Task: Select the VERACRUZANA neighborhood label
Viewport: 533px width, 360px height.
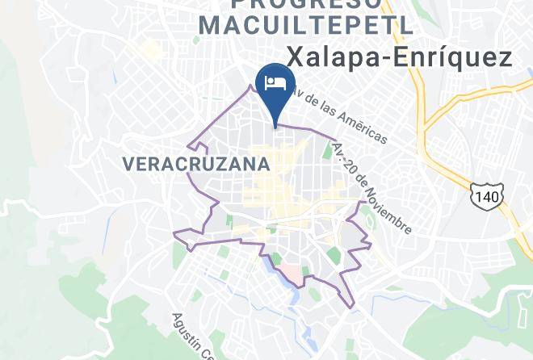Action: coord(195,164)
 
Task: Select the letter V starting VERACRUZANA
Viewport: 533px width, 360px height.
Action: coord(128,164)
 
